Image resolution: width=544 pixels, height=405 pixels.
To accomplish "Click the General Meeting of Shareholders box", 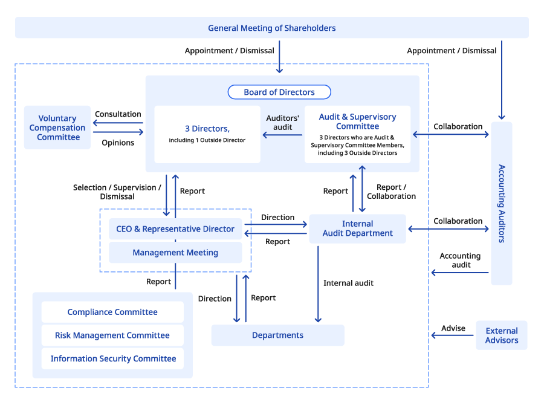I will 271,28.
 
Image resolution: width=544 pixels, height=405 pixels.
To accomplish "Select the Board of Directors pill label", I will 279,92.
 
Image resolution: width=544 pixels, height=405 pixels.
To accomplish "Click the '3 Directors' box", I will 207,134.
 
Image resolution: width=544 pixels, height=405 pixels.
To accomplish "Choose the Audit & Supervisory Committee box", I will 357,134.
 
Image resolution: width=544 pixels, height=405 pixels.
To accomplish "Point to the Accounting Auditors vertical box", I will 501,203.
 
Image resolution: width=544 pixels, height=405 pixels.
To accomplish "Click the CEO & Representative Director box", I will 175,229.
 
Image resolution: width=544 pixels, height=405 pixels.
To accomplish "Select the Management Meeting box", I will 175,253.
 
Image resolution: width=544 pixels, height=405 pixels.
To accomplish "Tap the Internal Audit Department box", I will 357,228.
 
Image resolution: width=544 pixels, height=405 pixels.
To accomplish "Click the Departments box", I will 277,335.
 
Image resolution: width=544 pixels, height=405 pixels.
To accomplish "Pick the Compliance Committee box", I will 112,312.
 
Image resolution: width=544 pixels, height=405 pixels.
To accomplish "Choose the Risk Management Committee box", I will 112,335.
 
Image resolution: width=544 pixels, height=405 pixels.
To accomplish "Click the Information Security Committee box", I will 113,358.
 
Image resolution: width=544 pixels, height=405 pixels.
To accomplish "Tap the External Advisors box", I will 501,335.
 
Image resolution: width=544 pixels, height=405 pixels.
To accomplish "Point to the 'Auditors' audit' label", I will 282,123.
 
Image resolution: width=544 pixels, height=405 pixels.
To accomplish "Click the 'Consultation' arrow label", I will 118,114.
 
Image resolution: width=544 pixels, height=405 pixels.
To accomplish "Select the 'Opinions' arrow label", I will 118,143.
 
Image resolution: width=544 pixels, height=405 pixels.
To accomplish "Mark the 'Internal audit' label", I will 348,283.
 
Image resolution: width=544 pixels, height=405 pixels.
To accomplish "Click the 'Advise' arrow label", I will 453,328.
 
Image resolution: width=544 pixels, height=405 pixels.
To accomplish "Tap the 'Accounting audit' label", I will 460,261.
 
